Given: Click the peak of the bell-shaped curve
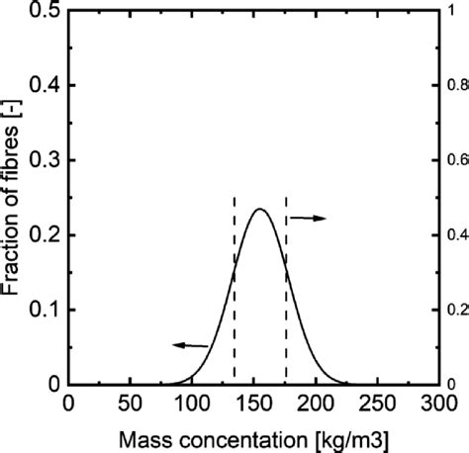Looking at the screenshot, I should coord(259,209).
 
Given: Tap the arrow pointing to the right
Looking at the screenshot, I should coord(313,218).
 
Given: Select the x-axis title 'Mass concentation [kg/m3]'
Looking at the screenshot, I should coord(254,436).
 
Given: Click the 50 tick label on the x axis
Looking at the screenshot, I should coord(129,404).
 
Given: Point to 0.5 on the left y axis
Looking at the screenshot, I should coord(46,12).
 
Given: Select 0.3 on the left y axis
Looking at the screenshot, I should coord(46,161).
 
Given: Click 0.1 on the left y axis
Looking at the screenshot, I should coord(46,310).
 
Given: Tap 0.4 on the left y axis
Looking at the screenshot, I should coord(46,87).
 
